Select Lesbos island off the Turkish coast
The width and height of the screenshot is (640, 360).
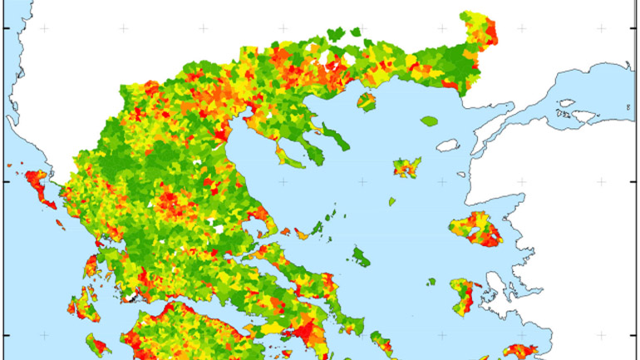point(477,228)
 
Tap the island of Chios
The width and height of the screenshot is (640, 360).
point(462,294)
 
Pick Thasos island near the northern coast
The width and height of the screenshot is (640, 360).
point(367,102)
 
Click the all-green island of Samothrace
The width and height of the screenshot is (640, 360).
point(429,121)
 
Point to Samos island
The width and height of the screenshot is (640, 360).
point(521,351)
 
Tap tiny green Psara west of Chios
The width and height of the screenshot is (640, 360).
point(431,280)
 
